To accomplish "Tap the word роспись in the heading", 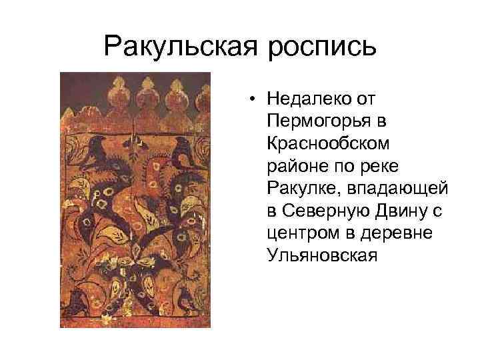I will (x=324, y=46).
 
